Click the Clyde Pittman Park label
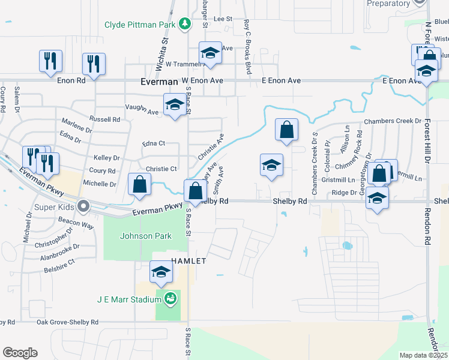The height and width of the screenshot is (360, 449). [x=140, y=25]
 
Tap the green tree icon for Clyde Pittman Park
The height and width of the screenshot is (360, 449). [x=186, y=24]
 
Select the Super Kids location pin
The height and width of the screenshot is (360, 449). [x=83, y=206]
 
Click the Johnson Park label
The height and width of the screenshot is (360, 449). [x=145, y=236]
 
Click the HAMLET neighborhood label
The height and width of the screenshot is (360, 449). [x=189, y=261]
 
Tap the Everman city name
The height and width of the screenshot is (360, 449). [x=159, y=81]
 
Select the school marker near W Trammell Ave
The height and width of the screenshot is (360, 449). [x=210, y=53]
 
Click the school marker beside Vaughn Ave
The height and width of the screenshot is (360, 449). [x=175, y=104]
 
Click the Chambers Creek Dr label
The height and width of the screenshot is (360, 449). [x=393, y=121]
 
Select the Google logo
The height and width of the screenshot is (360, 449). [x=20, y=353]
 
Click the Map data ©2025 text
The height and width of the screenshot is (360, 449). [x=423, y=355]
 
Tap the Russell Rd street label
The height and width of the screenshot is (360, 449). [x=104, y=119]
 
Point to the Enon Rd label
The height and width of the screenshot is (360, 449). [x=72, y=80]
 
